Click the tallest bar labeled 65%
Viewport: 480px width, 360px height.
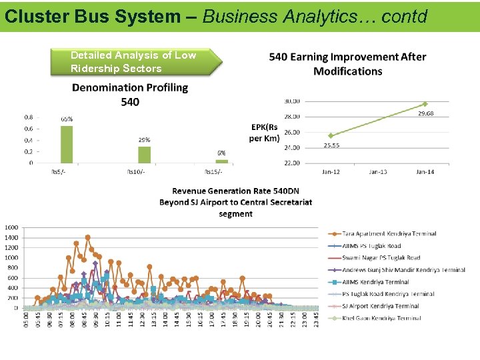point(67,144)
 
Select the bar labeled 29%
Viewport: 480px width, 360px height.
point(144,155)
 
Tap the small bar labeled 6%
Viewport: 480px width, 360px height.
point(221,161)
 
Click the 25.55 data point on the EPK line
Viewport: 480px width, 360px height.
point(331,135)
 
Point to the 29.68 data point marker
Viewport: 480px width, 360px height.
point(425,104)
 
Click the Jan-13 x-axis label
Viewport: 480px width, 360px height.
point(378,172)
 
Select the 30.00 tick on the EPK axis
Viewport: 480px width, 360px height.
point(293,101)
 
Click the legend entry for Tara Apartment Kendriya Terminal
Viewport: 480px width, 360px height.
point(389,234)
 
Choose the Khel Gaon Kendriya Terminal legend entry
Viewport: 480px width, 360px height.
point(381,318)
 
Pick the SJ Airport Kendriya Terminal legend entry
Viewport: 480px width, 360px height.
point(384,306)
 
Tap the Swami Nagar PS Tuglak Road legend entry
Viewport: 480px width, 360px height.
point(381,258)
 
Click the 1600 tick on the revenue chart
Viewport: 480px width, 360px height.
point(12,227)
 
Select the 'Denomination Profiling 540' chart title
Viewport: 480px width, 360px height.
point(130,94)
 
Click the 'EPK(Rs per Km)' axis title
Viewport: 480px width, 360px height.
point(265,133)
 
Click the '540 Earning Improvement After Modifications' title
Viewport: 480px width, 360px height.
point(347,64)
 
